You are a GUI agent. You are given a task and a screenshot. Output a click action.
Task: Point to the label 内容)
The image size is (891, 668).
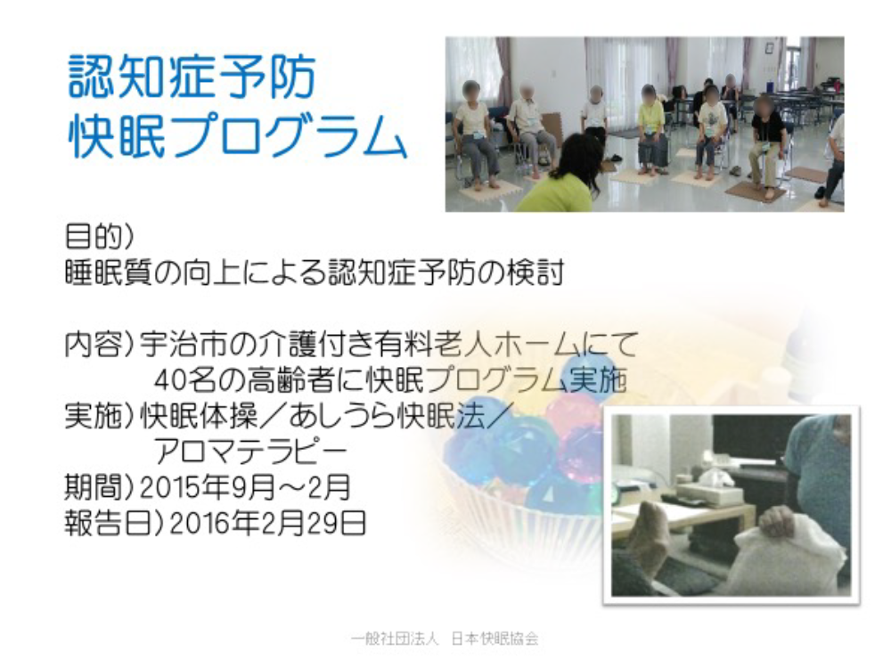99,344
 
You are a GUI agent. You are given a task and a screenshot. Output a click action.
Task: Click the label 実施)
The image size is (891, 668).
99,417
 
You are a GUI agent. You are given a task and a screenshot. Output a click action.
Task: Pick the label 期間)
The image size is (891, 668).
99,488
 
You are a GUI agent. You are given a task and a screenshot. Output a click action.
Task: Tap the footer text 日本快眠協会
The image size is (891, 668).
495,639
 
